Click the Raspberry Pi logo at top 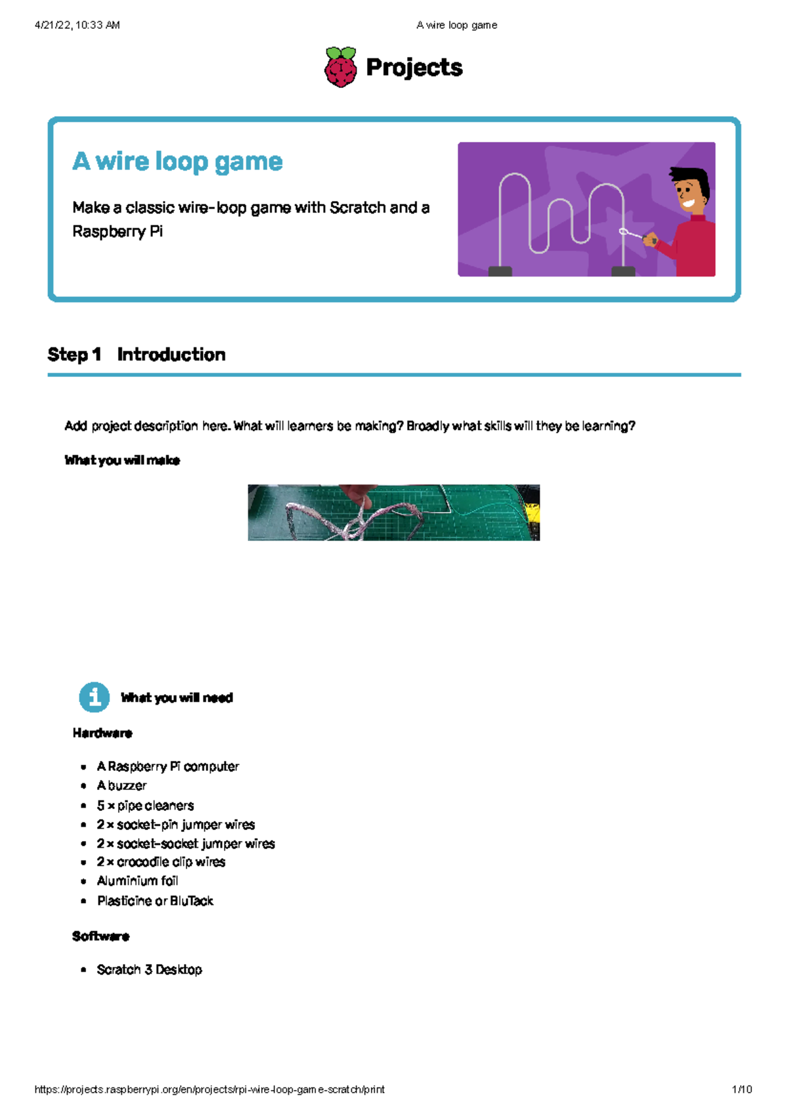click(341, 67)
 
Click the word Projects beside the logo click(414, 67)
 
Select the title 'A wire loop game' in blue click(177, 161)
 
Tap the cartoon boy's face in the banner click(689, 190)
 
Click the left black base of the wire click(500, 271)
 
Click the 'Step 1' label click(74, 355)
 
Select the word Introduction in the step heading click(171, 355)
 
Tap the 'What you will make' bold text click(122, 460)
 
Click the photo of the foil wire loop click(393, 513)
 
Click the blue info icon click(95, 697)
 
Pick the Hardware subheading click(102, 733)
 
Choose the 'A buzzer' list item click(121, 785)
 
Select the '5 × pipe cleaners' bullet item click(145, 805)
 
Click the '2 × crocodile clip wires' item click(161, 862)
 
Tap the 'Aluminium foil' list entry click(137, 881)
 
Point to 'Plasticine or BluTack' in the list click(155, 901)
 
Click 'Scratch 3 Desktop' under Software click(149, 969)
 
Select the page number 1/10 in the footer click(741, 1089)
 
